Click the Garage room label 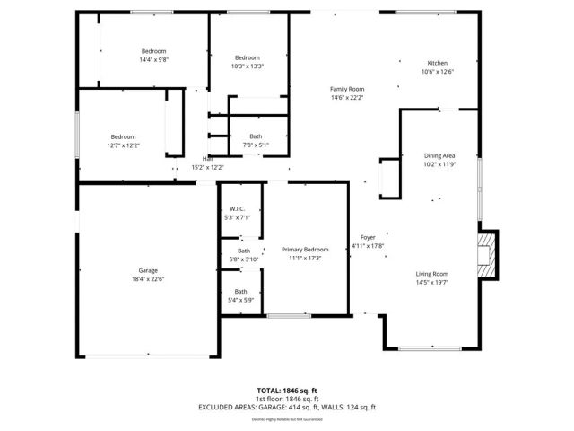(148, 270)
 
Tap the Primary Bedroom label (305, 250)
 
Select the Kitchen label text (437, 63)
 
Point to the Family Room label (347, 89)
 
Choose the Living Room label (431, 274)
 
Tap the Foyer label (368, 237)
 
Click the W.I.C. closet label (238, 209)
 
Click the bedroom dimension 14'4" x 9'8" (154, 59)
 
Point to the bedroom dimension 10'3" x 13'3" (248, 66)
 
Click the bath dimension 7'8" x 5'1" (256, 145)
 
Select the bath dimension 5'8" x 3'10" (242, 259)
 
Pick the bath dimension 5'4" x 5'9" (241, 299)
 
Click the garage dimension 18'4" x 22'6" (148, 278)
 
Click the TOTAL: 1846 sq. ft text (288, 391)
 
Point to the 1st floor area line (288, 399)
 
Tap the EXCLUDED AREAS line (288, 407)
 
